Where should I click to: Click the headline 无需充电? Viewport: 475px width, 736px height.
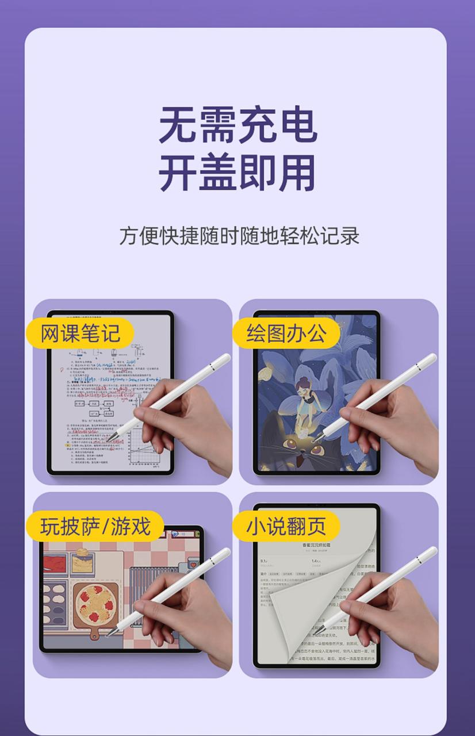[x=237, y=125]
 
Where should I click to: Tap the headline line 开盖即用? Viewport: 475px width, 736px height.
[x=237, y=172]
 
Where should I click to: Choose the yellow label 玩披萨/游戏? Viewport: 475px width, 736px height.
[x=95, y=526]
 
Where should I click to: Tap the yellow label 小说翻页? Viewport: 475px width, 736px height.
[x=286, y=526]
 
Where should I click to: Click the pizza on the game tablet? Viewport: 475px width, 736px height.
[x=95, y=607]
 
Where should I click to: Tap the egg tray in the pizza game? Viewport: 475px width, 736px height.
[x=55, y=604]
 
